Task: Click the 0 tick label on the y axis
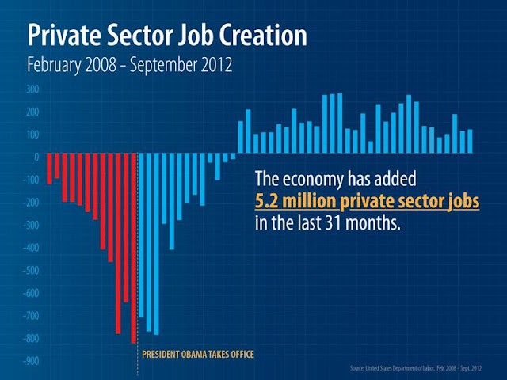36,157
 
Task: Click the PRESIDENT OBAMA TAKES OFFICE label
197,354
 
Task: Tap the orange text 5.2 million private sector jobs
367,201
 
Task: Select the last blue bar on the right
470,141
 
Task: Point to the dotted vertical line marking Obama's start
138,253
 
